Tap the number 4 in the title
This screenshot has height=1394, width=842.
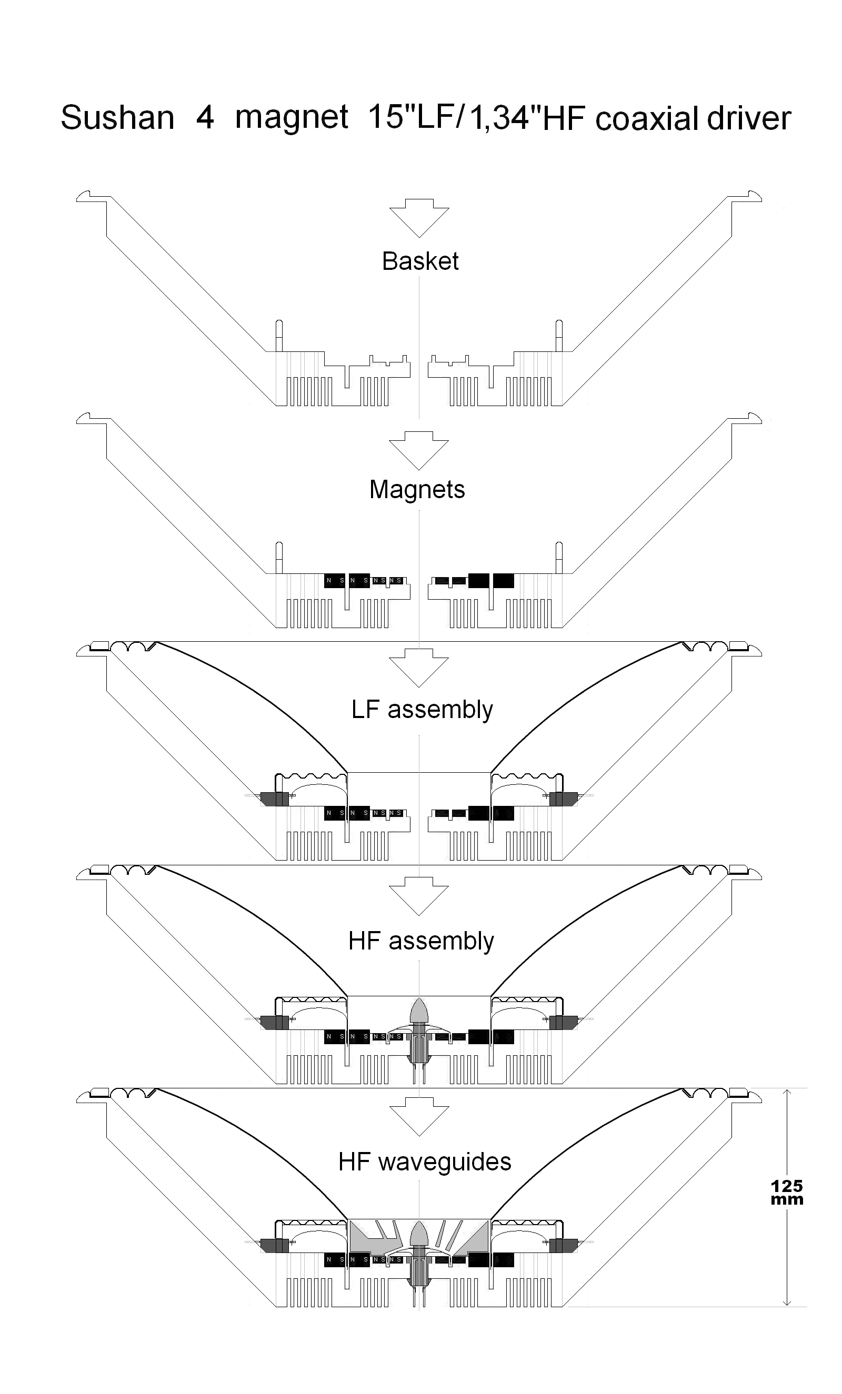pos(205,118)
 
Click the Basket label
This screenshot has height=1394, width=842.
pos(420,261)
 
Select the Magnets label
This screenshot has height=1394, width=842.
pos(417,489)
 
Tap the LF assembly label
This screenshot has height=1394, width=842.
pos(422,710)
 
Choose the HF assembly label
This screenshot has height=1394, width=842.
pos(421,941)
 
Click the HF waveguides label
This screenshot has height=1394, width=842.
pos(424,1162)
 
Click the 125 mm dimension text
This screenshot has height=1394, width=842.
pos(787,1193)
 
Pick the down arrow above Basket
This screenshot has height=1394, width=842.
pos(419,218)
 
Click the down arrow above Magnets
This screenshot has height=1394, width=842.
pos(419,450)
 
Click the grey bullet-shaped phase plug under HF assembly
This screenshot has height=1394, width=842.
pos(419,1011)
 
